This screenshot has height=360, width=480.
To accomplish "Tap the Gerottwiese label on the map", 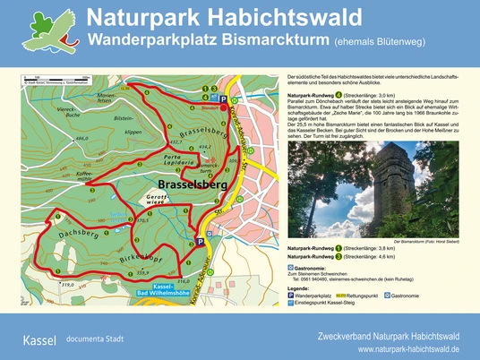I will pyautogui.click(x=163, y=201).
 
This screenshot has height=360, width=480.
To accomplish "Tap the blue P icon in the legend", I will pyautogui.click(x=289, y=295).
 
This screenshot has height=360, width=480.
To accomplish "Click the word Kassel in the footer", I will pyautogui.click(x=39, y=340).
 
